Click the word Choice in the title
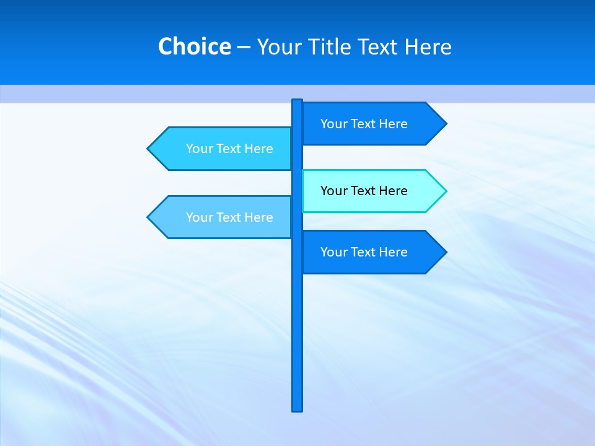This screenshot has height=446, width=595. pyautogui.click(x=194, y=47)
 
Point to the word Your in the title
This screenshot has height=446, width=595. pyautogui.click(x=278, y=47)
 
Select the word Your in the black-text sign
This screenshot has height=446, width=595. pyautogui.click(x=333, y=191)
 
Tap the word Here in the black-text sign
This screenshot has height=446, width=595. pyautogui.click(x=392, y=191)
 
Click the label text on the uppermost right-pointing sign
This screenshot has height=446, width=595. pyautogui.click(x=364, y=124)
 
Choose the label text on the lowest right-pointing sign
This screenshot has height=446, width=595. pyautogui.click(x=364, y=252)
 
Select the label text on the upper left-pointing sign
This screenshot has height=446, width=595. pyautogui.click(x=229, y=149)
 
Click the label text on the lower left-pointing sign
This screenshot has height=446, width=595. pyautogui.click(x=229, y=217)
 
